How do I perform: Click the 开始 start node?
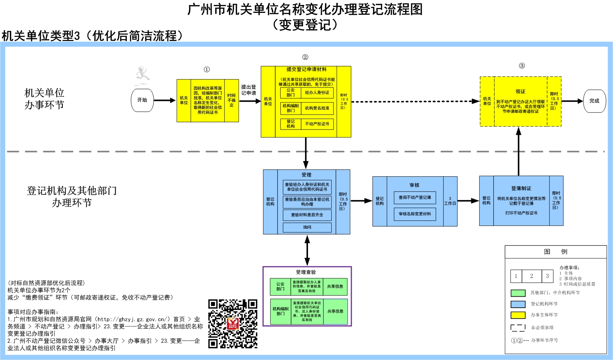[x=142, y=100]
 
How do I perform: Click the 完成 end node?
[x=594, y=101]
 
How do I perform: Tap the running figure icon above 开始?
[x=143, y=75]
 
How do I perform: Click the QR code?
[x=233, y=324]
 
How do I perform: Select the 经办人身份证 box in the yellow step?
[x=317, y=93]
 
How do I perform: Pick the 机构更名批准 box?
[x=317, y=108]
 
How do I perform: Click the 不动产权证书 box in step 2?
[x=317, y=124]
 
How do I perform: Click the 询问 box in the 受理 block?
[x=307, y=227]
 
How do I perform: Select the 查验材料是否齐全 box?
[x=307, y=215]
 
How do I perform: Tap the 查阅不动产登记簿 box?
[x=415, y=197]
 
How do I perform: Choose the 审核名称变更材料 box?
[x=415, y=214]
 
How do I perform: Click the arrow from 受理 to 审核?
[x=361, y=201]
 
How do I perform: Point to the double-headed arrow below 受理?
[x=307, y=250]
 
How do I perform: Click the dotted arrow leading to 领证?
[x=414, y=101]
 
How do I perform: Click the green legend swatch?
[x=518, y=293]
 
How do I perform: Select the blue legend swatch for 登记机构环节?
[x=518, y=304]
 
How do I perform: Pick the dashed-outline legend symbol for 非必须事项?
[x=518, y=328]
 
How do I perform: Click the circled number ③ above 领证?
[x=522, y=66]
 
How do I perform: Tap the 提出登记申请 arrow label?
[x=249, y=90]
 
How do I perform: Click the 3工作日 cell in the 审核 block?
[x=450, y=201]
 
